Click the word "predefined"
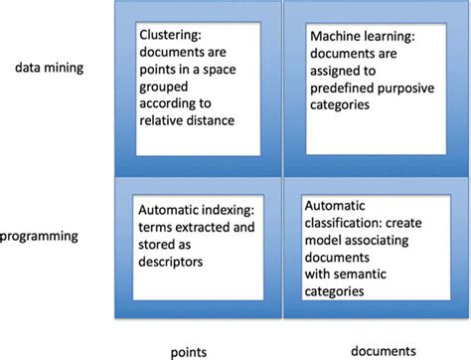click(340, 104)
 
